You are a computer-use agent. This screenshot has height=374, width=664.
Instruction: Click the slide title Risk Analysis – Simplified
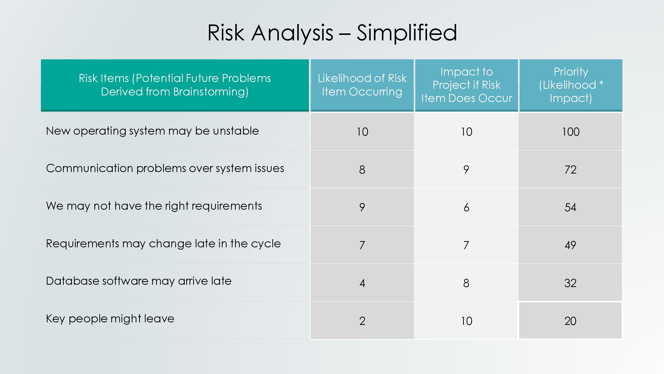(332, 33)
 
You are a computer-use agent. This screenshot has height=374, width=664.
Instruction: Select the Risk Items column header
(175, 85)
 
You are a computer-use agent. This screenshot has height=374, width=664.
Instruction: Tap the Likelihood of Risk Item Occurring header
(362, 85)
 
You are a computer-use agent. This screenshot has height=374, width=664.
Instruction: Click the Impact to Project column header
(467, 85)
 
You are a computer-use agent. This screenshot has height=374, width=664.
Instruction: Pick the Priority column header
(571, 85)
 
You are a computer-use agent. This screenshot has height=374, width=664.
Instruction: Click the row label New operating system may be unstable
(152, 131)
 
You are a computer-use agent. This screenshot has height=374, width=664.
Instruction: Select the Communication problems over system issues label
(165, 168)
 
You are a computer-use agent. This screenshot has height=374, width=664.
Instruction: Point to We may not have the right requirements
(154, 206)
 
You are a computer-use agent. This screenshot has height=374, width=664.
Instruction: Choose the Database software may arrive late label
(139, 281)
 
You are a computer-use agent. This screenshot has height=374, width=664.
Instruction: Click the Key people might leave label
(110, 319)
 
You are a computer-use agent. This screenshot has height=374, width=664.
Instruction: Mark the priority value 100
(571, 132)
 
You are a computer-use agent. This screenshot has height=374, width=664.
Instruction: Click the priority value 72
(570, 170)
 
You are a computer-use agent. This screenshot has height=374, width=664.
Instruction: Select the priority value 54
(570, 207)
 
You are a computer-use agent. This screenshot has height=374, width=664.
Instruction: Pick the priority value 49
(570, 245)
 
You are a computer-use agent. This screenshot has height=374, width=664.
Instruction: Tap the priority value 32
(570, 283)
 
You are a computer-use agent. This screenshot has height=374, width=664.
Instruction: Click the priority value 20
(570, 321)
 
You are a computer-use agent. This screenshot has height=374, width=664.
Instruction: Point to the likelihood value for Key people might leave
(362, 321)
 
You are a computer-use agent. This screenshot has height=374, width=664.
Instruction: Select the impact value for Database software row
(466, 283)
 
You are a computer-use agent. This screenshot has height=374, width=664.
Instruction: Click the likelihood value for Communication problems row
(362, 170)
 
